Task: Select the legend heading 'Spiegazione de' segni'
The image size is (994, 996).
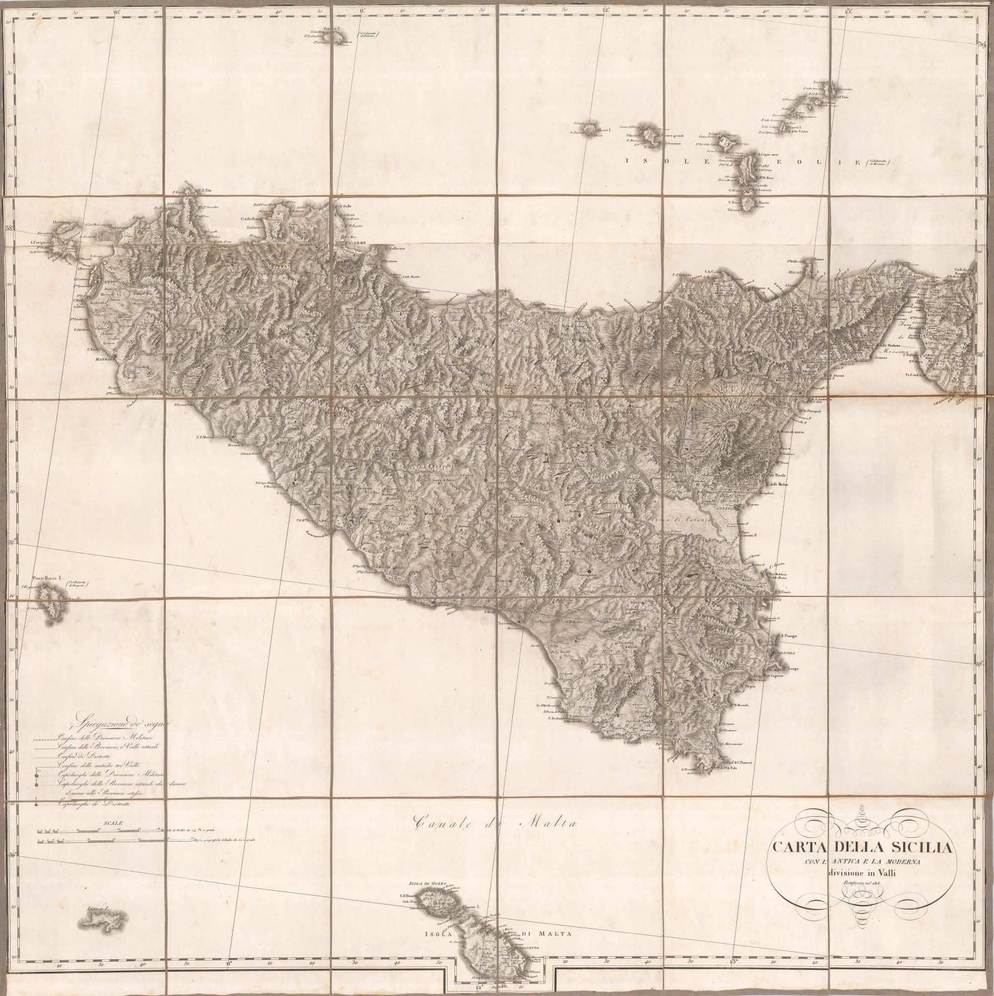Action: coord(126,724)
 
